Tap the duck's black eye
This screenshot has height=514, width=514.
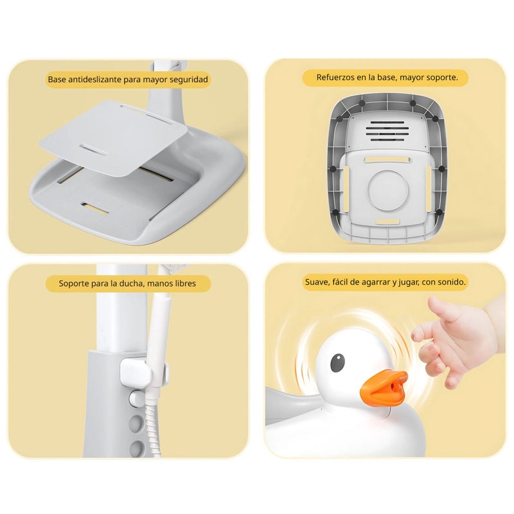click(x=337, y=363)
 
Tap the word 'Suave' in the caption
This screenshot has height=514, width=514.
click(x=316, y=281)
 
